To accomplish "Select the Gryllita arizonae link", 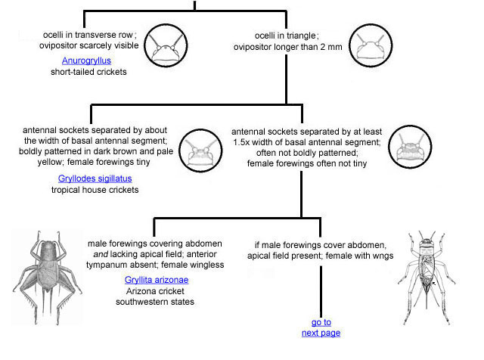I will pos(157,279).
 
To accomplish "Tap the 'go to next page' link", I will pos(321,327).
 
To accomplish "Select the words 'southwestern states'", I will pos(157,303).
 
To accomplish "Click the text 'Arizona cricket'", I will pos(157,291).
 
